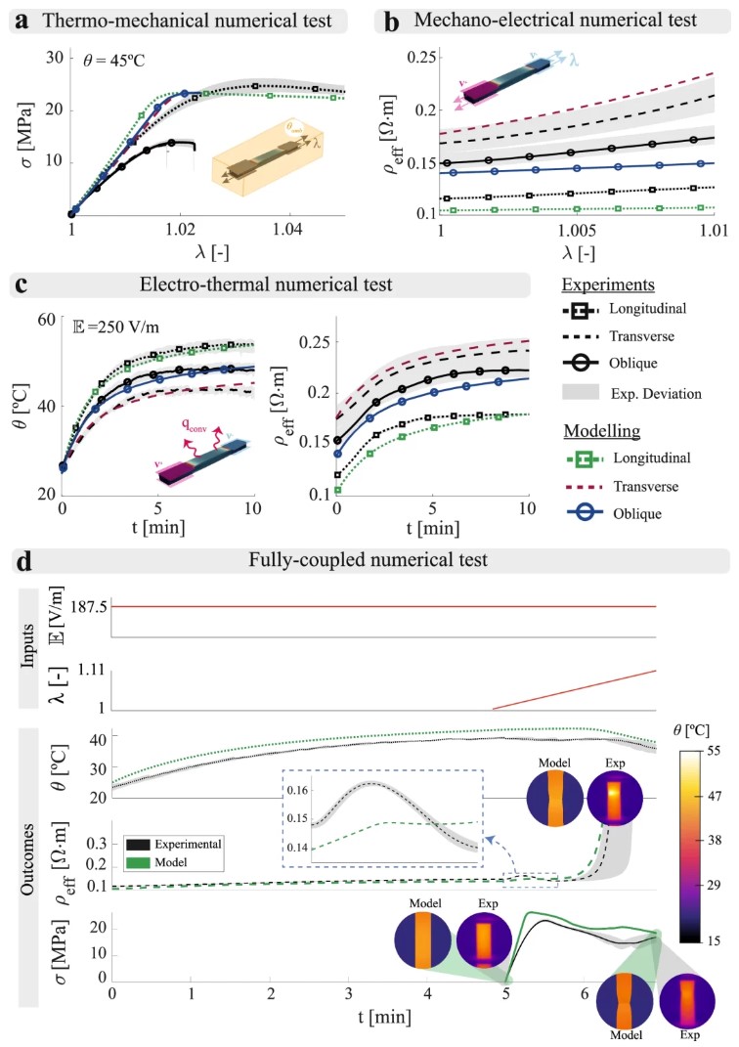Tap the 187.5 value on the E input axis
click(x=85, y=607)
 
